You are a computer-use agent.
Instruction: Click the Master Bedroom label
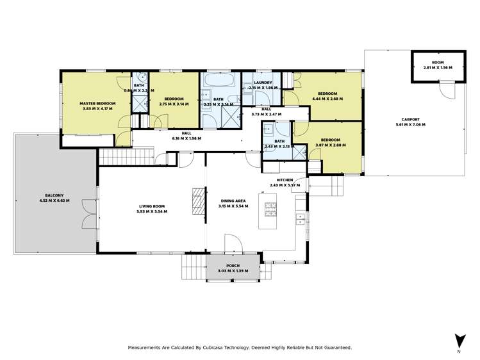[97, 103]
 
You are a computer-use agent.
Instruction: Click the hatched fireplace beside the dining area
[199, 203]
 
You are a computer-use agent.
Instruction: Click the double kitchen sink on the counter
[299, 219]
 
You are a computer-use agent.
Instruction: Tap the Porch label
[233, 266]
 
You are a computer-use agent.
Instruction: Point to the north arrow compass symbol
[458, 340]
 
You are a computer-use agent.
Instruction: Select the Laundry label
[263, 83]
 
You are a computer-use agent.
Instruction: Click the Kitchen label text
[285, 181]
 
